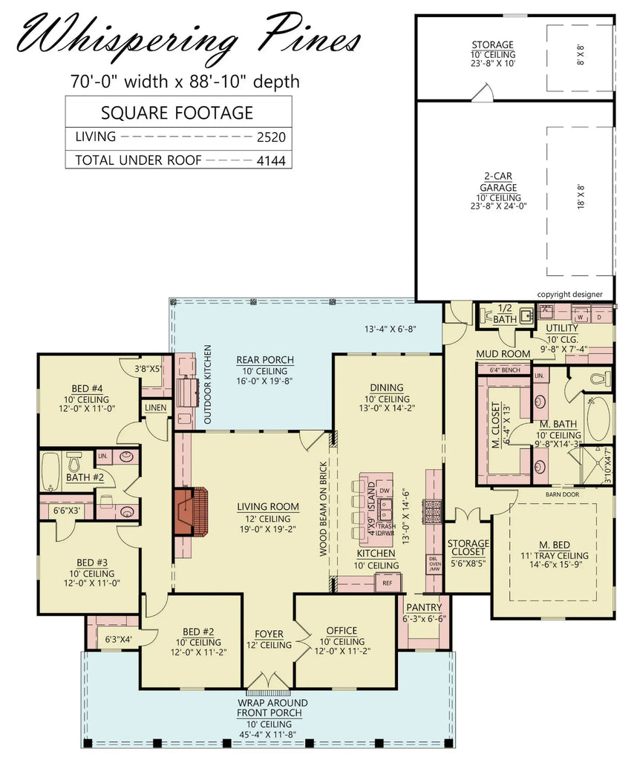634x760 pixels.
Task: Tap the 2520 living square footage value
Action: [x=271, y=137]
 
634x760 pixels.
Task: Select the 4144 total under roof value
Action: [x=271, y=160]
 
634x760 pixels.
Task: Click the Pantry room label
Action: [x=423, y=607]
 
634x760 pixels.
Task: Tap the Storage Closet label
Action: [x=468, y=548]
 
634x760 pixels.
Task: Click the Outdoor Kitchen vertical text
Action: [x=208, y=384]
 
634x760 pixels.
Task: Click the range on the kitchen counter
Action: [x=432, y=510]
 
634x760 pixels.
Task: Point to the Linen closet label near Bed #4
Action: [x=155, y=407]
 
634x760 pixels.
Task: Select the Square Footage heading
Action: [x=177, y=113]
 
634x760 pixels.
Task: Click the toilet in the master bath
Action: [x=601, y=379]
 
